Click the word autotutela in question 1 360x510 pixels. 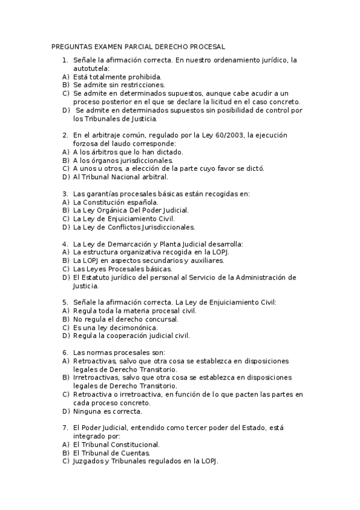pyautogui.click(x=91, y=69)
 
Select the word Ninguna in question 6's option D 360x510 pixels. pyautogui.click(x=87, y=411)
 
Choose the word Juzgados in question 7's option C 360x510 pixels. pyautogui.click(x=89, y=461)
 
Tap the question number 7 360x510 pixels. pyautogui.click(x=65, y=428)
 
